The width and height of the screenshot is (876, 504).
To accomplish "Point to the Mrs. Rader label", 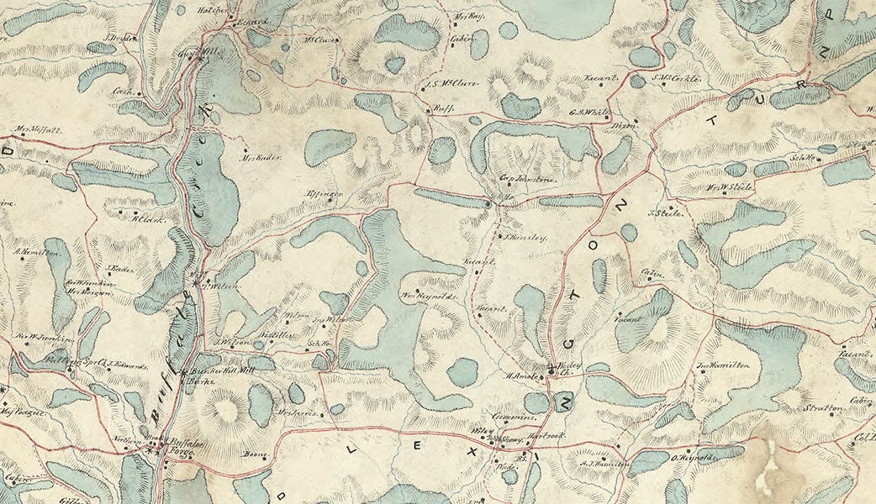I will pyautogui.click(x=260, y=157).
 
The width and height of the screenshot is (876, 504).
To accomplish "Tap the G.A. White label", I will pyautogui.click(x=588, y=113).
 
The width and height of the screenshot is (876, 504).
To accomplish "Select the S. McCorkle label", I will pyautogui.click(x=677, y=79).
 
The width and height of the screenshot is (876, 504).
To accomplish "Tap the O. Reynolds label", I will pyautogui.click(x=692, y=458).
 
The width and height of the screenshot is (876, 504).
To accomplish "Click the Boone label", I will pyautogui.click(x=254, y=456).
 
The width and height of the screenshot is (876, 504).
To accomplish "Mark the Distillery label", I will pyautogui.click(x=277, y=333).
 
